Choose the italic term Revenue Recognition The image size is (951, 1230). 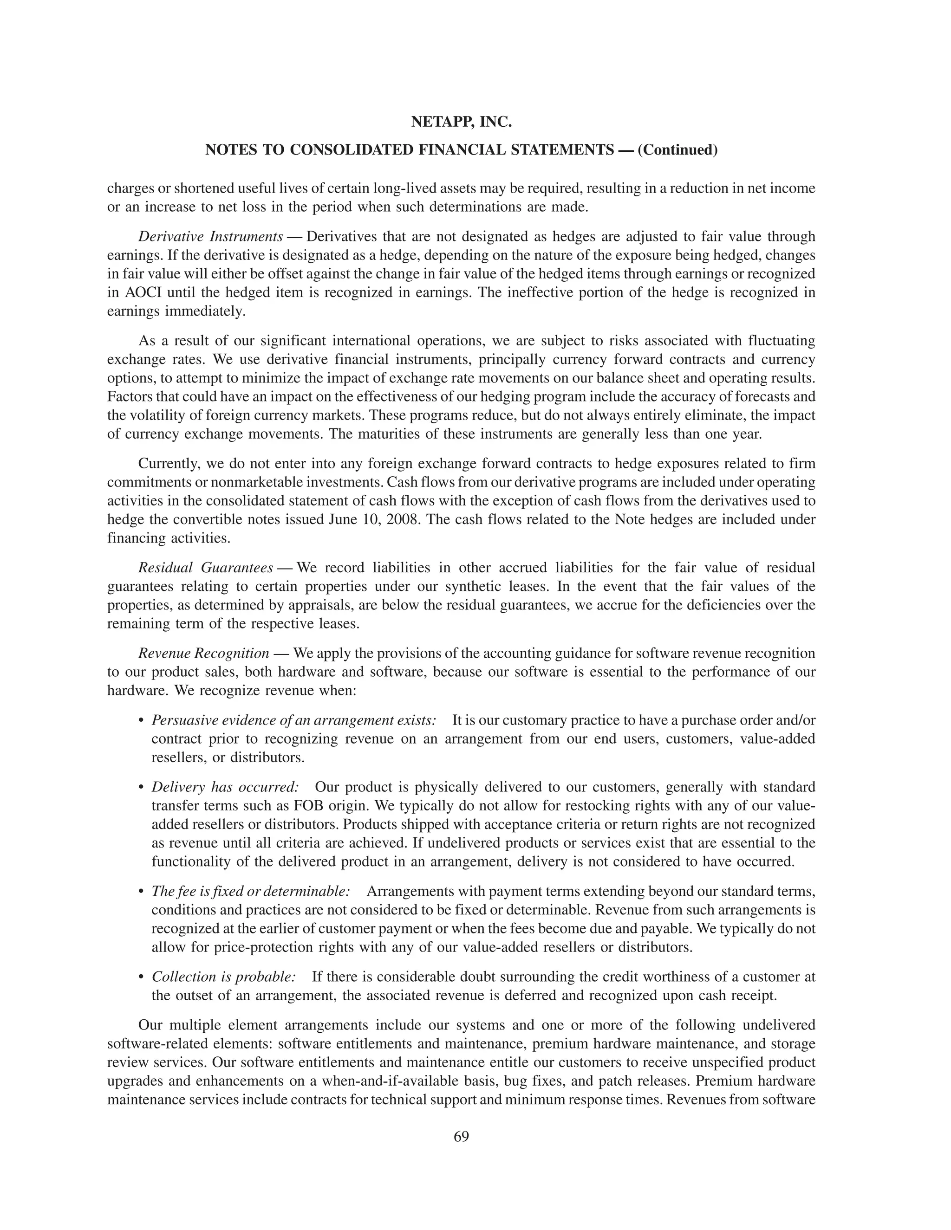[x=203, y=654]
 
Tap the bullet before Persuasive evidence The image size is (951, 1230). [x=142, y=721]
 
